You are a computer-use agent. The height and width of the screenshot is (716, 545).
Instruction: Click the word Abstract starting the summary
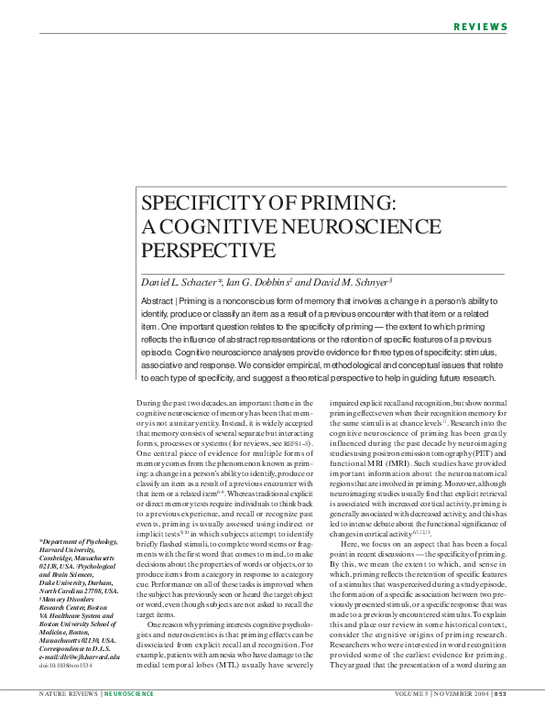point(158,301)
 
